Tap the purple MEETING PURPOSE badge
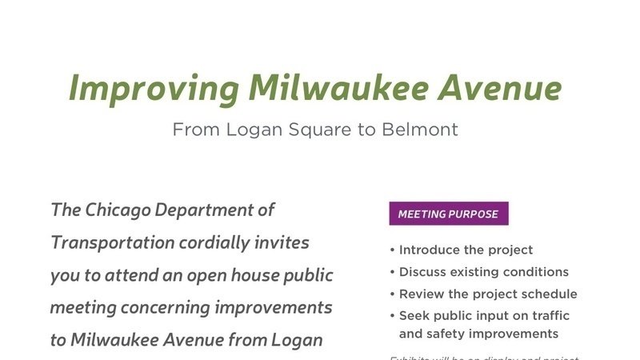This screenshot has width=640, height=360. click(448, 214)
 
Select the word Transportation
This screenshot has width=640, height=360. click(112, 242)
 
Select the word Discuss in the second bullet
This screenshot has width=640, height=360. click(425, 272)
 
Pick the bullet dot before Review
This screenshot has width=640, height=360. click(392, 294)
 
